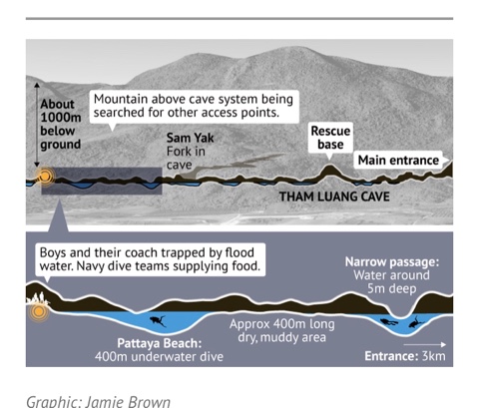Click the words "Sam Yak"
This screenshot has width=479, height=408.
point(190,138)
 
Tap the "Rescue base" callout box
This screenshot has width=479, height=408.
point(330,138)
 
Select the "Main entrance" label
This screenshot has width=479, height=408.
point(398,161)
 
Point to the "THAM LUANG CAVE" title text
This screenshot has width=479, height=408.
point(334,197)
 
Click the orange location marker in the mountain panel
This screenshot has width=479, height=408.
point(45,176)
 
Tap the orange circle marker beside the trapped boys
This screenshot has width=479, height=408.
point(39,312)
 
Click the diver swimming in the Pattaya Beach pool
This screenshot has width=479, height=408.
point(158,321)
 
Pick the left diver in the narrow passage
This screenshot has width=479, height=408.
point(388,322)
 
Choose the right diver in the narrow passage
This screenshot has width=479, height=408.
point(415,322)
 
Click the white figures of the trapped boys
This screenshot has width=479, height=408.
point(38,298)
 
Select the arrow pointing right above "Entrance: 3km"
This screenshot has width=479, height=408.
point(425,345)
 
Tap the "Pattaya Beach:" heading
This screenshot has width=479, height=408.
point(160,343)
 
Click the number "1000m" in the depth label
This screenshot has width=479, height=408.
point(61,118)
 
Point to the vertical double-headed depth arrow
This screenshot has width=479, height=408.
point(37,125)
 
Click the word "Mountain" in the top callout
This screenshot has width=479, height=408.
point(121,99)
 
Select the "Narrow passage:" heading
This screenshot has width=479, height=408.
point(392,262)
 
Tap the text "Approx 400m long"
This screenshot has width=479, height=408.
point(282,324)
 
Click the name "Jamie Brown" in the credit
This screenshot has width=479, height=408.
point(128,402)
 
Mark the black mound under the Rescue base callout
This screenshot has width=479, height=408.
point(329,173)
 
